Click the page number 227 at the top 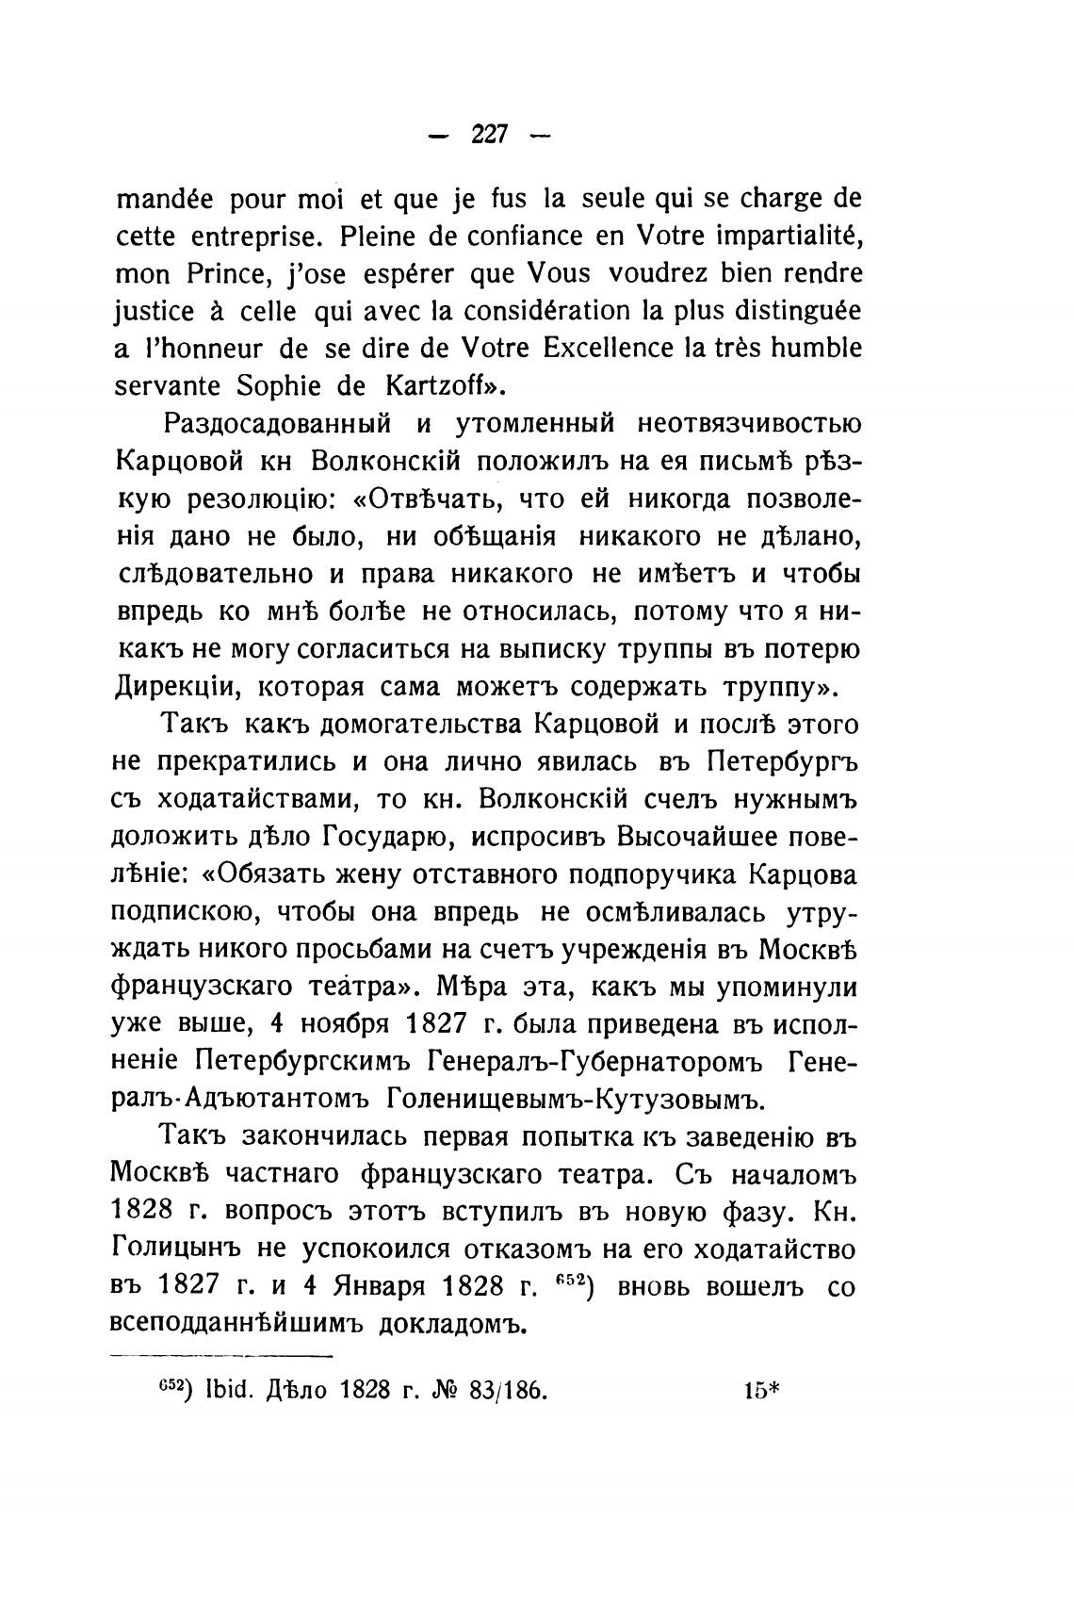click(490, 135)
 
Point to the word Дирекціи click(171, 687)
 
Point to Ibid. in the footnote click(230, 1392)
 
